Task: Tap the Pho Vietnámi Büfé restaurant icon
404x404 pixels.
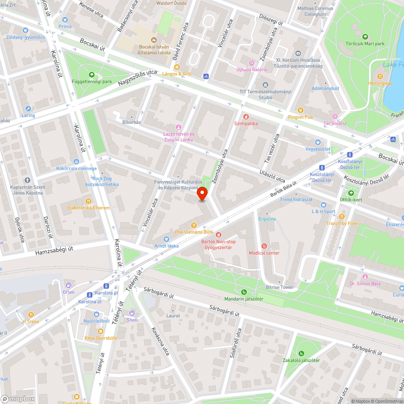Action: point(194,225)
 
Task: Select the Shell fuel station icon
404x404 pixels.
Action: point(132,313)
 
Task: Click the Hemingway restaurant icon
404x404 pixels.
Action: point(380,76)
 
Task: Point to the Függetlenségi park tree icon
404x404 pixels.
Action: point(92,75)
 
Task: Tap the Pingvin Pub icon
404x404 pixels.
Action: point(300,110)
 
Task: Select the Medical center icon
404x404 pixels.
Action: point(264,246)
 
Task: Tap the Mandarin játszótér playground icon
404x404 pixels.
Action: point(244,292)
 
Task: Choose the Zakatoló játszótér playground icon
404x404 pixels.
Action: point(301,353)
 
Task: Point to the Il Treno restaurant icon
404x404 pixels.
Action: point(31,315)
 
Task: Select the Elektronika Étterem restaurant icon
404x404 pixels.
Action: point(88,201)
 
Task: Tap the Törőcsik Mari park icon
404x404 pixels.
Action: point(365,37)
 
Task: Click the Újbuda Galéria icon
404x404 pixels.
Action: point(252,63)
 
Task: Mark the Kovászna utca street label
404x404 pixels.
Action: point(159,340)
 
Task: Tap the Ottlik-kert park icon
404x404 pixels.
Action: point(351,193)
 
